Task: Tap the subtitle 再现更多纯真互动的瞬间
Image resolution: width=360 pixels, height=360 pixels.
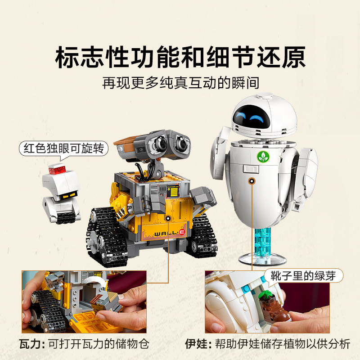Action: [180, 84]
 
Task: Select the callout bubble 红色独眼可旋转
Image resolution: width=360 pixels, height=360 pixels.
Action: [63, 148]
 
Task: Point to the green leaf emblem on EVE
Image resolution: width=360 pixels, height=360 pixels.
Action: [261, 156]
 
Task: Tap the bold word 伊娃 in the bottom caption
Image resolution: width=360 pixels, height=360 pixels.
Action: [196, 344]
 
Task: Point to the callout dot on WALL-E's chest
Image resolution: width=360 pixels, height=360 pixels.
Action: [168, 218]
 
